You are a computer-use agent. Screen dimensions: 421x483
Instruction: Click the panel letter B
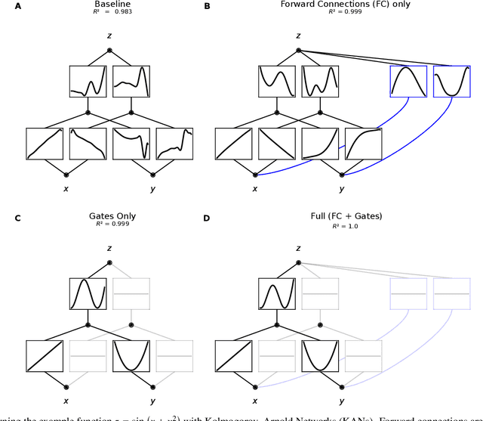[x=208, y=6]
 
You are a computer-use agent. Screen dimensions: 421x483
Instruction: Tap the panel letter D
[x=208, y=218]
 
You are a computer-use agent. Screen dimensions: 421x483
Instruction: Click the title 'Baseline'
[x=109, y=5]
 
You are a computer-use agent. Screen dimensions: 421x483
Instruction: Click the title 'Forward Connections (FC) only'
[x=298, y=5]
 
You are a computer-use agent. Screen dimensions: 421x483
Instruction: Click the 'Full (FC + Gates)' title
[x=298, y=216]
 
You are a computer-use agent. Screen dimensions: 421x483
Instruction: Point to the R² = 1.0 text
[x=298, y=225]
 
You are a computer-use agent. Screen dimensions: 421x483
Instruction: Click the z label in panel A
[x=109, y=36]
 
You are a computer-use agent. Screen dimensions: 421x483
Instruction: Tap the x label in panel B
[x=255, y=189]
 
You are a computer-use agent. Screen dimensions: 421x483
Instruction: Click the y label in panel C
[x=152, y=401]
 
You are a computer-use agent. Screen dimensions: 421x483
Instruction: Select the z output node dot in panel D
[x=298, y=262]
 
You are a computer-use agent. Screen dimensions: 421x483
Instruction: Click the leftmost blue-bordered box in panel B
[x=408, y=82]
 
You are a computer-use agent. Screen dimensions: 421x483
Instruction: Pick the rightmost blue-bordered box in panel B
[x=451, y=82]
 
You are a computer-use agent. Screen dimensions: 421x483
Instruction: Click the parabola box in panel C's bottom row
[x=131, y=355]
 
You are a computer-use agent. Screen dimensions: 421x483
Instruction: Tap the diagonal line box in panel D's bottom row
[x=233, y=355]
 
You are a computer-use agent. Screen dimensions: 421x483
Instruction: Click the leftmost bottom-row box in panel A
[x=45, y=144]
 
